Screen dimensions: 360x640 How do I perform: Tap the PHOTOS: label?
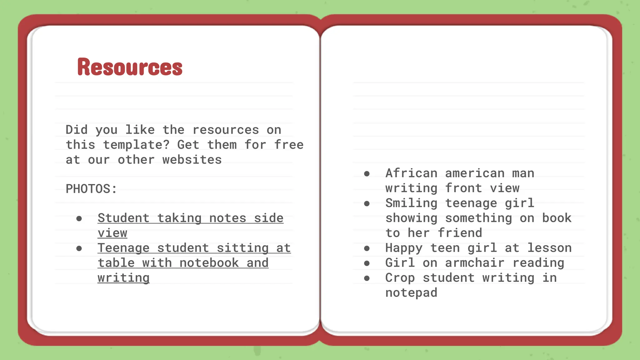pos(91,189)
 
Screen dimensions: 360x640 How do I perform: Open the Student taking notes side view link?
pos(190,218)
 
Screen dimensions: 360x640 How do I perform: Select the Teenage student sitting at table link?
pos(194,248)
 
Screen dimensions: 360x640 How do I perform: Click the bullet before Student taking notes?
pos(79,219)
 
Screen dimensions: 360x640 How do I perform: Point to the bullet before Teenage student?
pos(79,249)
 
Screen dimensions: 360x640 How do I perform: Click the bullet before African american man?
pos(367,174)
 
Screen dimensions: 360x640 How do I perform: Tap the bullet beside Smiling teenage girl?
pos(367,204)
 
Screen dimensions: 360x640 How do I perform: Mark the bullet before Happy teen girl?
pos(367,249)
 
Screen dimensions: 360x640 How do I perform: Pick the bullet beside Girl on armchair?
pos(367,263)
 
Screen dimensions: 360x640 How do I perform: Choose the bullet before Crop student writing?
pos(367,278)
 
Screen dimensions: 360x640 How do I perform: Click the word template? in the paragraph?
pos(136,145)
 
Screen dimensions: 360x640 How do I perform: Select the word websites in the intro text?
pos(192,160)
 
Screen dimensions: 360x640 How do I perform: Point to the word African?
pos(411,173)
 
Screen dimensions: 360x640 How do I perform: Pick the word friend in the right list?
pos(460,233)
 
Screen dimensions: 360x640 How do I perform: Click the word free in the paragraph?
pos(289,145)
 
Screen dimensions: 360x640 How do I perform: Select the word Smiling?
pos(411,203)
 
